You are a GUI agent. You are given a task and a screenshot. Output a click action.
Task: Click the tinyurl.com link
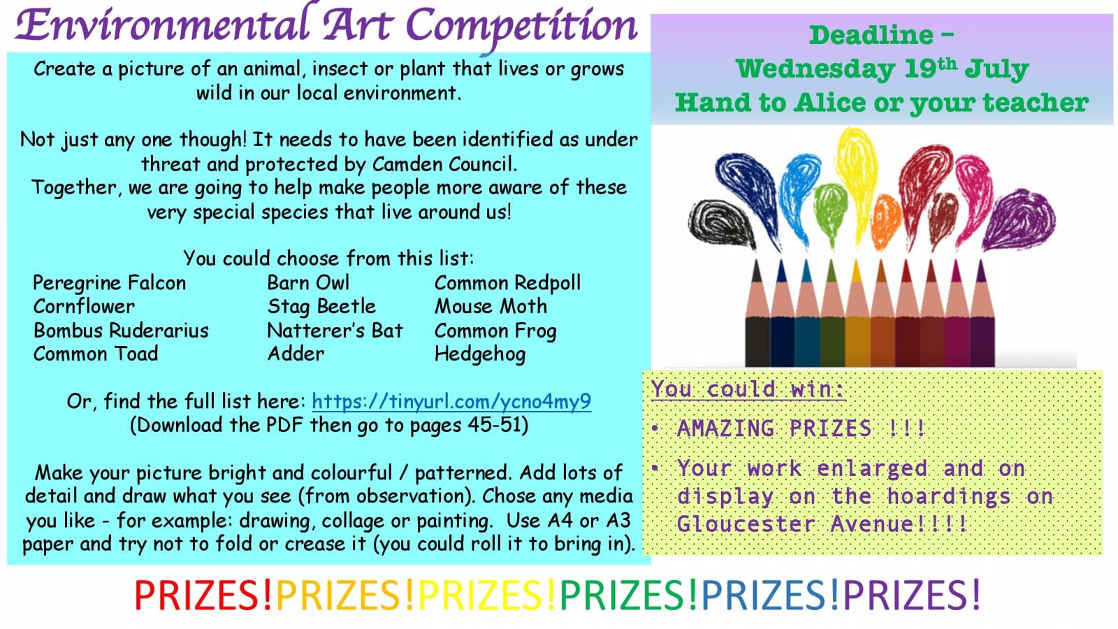coord(451,401)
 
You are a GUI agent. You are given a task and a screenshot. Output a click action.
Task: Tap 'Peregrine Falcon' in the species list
coord(109,283)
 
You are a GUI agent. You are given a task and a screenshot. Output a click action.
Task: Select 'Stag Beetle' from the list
coord(321,307)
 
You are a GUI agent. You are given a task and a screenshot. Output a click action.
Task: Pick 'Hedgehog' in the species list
coord(479,354)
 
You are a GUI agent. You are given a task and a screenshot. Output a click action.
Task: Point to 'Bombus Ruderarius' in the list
coord(121,331)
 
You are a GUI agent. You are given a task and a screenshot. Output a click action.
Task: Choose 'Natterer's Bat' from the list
coord(335,331)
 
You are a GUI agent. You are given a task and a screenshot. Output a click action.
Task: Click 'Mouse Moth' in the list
coord(491,307)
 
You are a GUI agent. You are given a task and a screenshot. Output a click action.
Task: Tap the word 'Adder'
coord(296,354)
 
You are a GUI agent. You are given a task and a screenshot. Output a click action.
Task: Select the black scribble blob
coord(721,223)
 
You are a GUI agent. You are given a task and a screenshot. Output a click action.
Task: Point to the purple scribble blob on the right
coord(1021,219)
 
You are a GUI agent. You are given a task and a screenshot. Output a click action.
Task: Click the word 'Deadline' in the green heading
coord(871,35)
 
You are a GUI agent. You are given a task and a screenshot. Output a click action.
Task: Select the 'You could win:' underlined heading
coord(748,389)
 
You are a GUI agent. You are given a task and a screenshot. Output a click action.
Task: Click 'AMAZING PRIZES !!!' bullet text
coord(801,428)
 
